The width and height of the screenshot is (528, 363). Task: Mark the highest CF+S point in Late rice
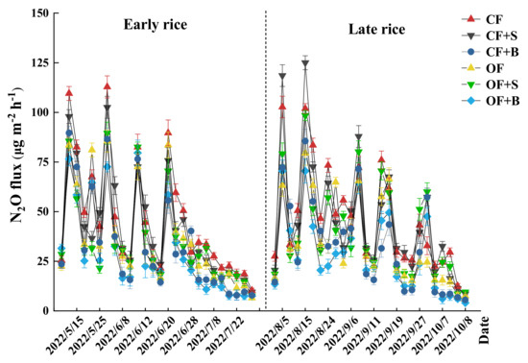pos(305,64)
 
